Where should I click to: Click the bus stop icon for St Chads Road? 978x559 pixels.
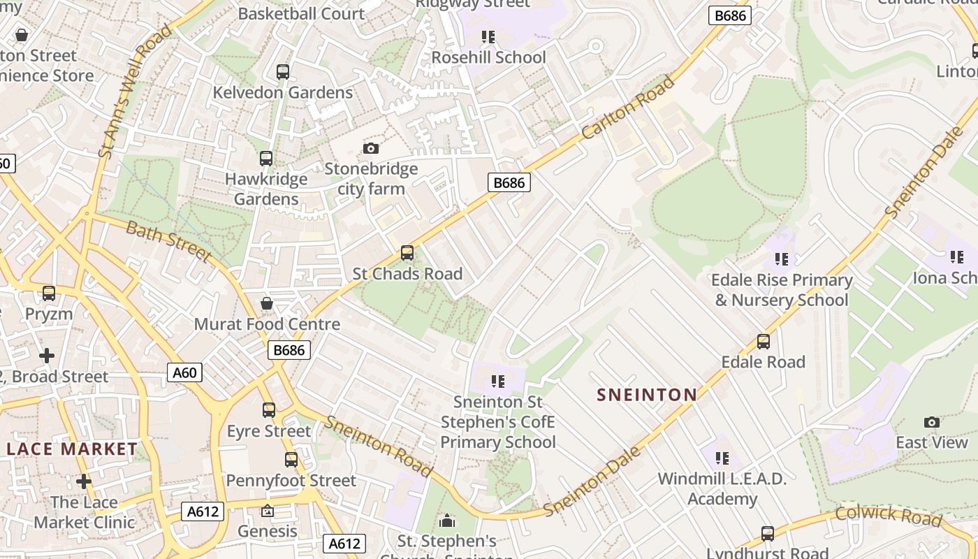click(407, 253)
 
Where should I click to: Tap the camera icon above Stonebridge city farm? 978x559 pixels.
click(371, 148)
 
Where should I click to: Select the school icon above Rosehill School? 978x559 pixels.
click(488, 36)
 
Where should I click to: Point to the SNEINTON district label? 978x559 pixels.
click(647, 395)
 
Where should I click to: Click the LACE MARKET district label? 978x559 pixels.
click(72, 449)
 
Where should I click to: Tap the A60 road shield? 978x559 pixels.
click(185, 372)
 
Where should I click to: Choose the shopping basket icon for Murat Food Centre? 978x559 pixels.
click(267, 303)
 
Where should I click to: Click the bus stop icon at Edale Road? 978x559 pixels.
click(764, 342)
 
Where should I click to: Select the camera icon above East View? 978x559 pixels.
click(932, 422)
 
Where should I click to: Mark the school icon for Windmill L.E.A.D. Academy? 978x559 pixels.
click(722, 458)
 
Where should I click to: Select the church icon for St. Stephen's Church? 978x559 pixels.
click(447, 521)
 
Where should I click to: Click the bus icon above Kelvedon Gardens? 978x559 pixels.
click(283, 72)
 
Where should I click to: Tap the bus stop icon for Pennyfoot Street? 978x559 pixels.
click(291, 460)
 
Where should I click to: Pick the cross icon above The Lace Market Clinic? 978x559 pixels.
click(84, 481)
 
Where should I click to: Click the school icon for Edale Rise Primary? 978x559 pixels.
click(782, 259)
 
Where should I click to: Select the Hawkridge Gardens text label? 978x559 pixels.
click(266, 189)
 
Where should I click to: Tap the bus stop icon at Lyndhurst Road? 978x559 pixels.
click(768, 534)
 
